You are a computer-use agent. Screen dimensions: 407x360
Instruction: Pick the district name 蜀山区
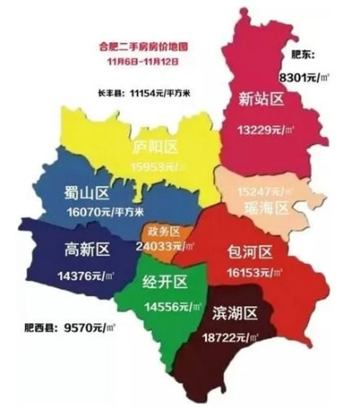pyautogui.click(x=87, y=194)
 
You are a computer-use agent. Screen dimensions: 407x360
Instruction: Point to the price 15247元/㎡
pyautogui.click(x=265, y=191)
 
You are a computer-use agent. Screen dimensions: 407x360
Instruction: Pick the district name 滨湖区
pyautogui.click(x=236, y=312)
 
